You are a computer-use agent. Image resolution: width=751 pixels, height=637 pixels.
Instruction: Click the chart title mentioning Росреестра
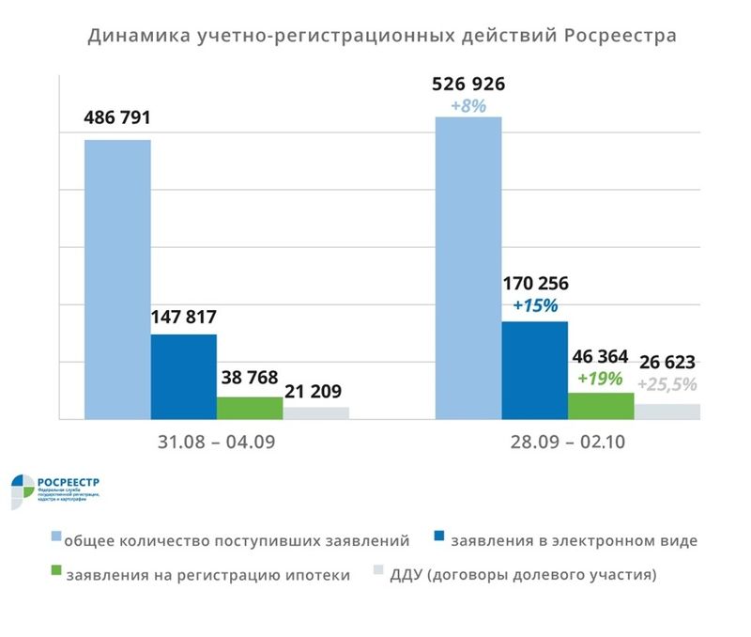pos(381,37)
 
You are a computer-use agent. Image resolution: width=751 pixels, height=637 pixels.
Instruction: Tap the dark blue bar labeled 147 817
pos(184,376)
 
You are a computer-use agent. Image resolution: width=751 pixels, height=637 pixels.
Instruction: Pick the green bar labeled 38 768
pos(250,408)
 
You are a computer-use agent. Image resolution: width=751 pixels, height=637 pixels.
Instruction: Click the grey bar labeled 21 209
pos(315,412)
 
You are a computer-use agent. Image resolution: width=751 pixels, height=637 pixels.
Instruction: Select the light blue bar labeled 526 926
pos(468,268)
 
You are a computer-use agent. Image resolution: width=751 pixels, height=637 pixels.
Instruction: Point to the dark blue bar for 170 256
pos(534,370)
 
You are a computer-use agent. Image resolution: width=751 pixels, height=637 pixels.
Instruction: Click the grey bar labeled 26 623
pos(667,412)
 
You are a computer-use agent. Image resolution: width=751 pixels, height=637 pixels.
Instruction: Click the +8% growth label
pos(468,106)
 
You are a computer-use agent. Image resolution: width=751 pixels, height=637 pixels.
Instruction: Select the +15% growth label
pos(535,305)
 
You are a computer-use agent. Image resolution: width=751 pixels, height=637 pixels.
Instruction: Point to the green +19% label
pos(601,378)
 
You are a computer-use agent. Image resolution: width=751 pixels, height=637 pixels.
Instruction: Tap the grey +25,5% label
pos(667,384)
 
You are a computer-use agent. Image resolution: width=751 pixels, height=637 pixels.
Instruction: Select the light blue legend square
pos(55,540)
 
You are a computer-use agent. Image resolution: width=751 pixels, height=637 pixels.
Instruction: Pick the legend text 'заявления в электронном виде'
pos(575,541)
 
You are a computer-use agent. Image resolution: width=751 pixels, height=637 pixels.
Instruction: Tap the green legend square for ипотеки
pos(55,573)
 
